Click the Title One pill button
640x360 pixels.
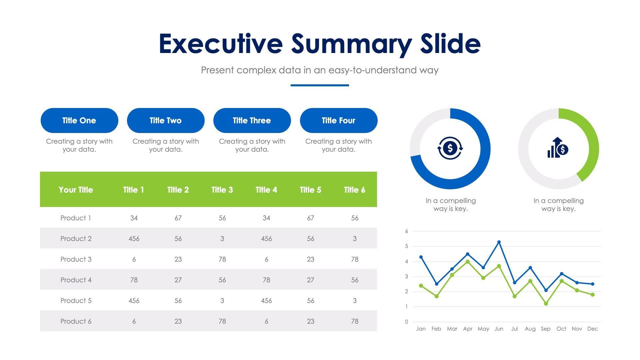(x=79, y=120)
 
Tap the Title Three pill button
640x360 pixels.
(x=252, y=120)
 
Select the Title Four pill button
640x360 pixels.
(x=338, y=120)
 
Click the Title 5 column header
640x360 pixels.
(x=310, y=190)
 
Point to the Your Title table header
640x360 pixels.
(x=76, y=190)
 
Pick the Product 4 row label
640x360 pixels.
(x=76, y=280)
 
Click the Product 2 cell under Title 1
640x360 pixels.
(x=134, y=239)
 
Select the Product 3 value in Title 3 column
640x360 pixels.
(x=222, y=259)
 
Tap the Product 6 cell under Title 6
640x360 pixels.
(x=355, y=321)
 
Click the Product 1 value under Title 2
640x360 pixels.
(x=178, y=218)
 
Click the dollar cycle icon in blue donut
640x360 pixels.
(x=450, y=148)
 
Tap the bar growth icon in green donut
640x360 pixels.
(x=558, y=148)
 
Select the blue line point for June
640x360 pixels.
(x=499, y=242)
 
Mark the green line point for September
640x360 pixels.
(x=546, y=304)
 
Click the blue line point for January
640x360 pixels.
(x=421, y=257)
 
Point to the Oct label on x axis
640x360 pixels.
(x=561, y=329)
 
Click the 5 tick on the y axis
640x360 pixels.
(x=406, y=246)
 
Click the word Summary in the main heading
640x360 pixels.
(x=352, y=44)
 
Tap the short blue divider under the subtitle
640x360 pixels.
(x=320, y=85)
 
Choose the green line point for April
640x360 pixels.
(x=468, y=262)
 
